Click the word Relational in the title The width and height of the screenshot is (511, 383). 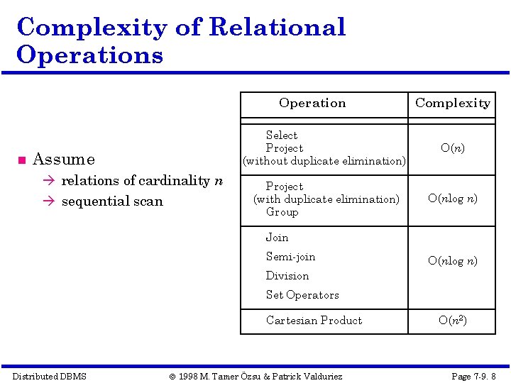click(278, 27)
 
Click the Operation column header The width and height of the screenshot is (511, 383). click(312, 103)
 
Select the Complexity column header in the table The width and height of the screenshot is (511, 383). click(453, 103)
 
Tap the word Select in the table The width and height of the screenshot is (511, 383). click(282, 135)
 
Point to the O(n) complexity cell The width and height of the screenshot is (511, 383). click(453, 148)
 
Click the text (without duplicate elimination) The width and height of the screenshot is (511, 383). click(324, 161)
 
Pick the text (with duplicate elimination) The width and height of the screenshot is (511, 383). click(326, 199)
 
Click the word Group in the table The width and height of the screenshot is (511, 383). click(282, 212)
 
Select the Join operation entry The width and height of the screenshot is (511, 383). click(277, 238)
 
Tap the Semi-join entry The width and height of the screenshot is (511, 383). click(290, 257)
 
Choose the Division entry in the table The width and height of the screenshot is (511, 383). click(287, 276)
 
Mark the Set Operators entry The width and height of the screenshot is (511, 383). click(302, 295)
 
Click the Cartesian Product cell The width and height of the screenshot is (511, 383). click(314, 321)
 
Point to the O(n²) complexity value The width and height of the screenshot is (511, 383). click(453, 321)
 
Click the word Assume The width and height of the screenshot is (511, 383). click(64, 160)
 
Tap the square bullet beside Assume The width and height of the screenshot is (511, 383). click(21, 160)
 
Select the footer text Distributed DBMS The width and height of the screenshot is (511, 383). click(50, 376)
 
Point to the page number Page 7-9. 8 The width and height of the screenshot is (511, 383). click(473, 376)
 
